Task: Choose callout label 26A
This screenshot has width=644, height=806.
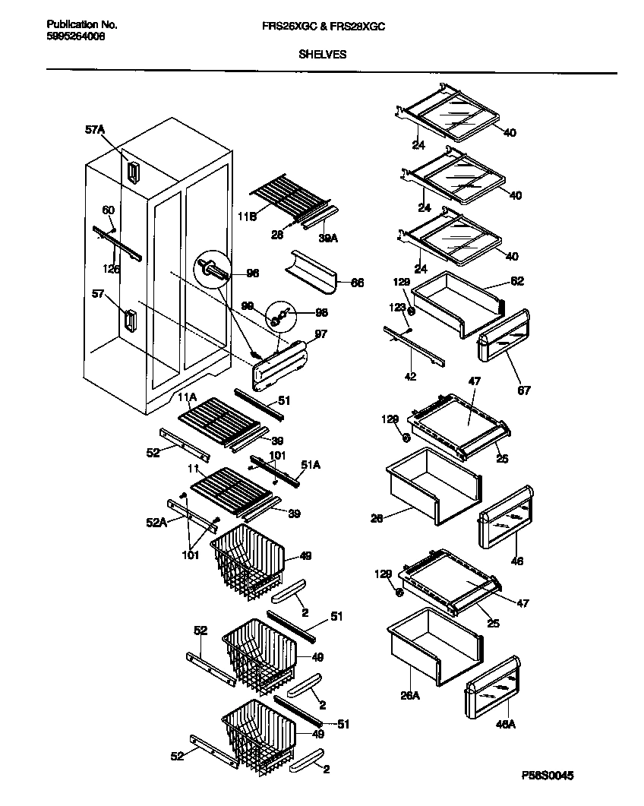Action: (409, 694)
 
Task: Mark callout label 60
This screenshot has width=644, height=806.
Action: (108, 210)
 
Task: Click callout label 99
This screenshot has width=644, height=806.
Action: (247, 305)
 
